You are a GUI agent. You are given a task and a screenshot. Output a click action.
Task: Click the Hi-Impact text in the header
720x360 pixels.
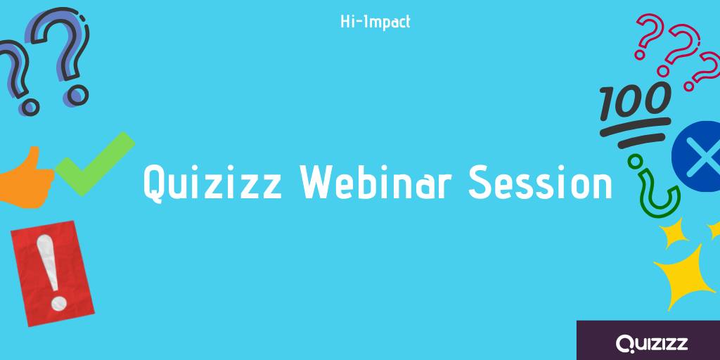click(375, 22)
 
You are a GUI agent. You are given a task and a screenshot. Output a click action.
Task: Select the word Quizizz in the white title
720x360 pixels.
click(212, 183)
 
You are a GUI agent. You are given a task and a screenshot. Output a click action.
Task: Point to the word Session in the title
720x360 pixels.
click(540, 182)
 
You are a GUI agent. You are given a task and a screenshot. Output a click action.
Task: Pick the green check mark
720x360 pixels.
click(95, 163)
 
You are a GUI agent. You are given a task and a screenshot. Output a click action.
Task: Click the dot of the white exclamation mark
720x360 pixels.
click(59, 302)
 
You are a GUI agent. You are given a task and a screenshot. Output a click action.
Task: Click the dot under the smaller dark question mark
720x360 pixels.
click(30, 107)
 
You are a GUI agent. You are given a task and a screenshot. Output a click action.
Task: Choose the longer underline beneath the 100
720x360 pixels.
click(636, 127)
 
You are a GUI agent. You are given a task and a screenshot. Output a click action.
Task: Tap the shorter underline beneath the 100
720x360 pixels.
click(641, 141)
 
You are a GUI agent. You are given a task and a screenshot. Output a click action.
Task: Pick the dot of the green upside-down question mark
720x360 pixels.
click(636, 161)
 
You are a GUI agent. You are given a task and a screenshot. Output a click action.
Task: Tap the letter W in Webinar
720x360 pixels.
click(319, 182)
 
